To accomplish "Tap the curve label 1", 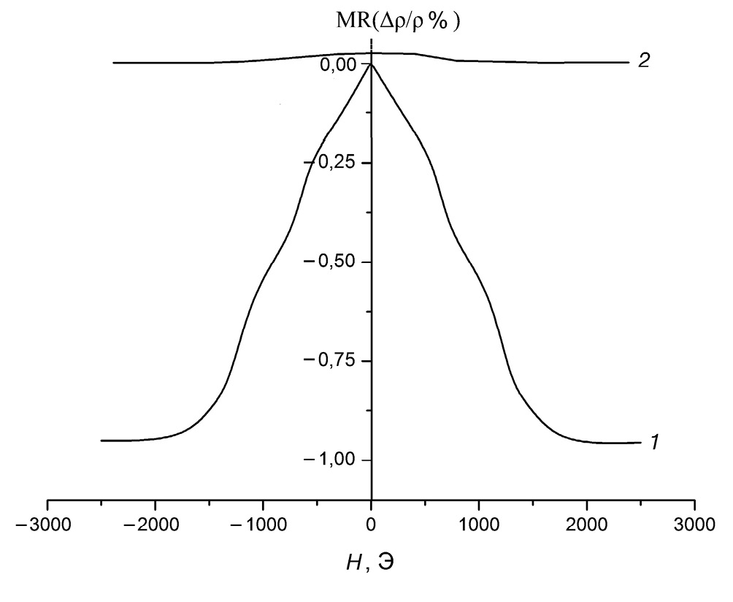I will pyautogui.click(x=655, y=442).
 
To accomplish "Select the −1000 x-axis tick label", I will pyautogui.click(x=263, y=525).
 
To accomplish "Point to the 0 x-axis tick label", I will pyautogui.click(x=372, y=525).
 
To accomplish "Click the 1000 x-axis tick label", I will pyautogui.click(x=479, y=525).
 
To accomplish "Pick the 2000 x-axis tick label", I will pyautogui.click(x=587, y=525).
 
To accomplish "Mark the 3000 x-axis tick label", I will pyautogui.click(x=695, y=525).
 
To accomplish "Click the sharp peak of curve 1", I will pyautogui.click(x=372, y=64).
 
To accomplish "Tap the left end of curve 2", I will pyautogui.click(x=114, y=63).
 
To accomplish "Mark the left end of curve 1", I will pyautogui.click(x=101, y=441).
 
